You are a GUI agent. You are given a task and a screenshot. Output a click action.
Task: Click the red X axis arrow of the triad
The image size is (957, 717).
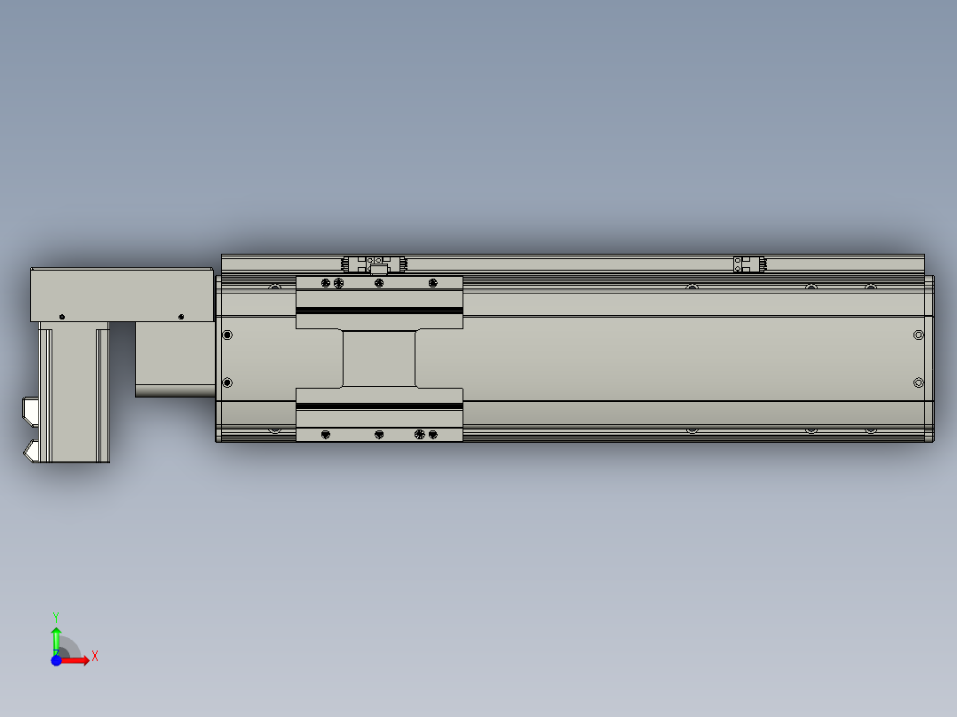[x=82, y=660]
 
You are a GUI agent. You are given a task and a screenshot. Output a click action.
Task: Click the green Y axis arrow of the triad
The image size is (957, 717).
[x=56, y=637]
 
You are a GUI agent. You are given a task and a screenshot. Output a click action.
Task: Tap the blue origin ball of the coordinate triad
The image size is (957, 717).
[x=57, y=660]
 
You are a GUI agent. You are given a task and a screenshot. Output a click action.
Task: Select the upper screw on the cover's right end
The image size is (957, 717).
[x=918, y=335]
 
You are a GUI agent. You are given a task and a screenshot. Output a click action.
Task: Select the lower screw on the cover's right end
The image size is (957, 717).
[x=918, y=382]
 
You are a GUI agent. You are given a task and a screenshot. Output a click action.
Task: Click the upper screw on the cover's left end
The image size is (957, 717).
[x=227, y=335]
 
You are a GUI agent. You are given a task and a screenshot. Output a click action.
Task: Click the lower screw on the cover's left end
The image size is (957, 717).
[x=227, y=382]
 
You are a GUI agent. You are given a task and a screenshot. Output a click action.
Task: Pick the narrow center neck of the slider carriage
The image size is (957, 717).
[x=379, y=358]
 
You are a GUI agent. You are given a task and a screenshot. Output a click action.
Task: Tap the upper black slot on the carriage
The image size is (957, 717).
[x=379, y=310]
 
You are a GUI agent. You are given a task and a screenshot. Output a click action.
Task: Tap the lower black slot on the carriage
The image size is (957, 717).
[x=379, y=406]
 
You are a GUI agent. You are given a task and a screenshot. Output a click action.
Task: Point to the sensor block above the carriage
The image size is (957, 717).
[x=376, y=264]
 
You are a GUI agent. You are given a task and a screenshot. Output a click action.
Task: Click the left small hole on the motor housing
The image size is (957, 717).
[x=62, y=316]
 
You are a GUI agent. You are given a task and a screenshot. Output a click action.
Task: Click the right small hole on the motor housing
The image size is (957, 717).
[x=181, y=316]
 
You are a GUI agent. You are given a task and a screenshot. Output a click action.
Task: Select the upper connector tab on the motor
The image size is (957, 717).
[x=29, y=410]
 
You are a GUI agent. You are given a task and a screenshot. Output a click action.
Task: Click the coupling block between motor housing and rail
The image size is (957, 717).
[x=175, y=358]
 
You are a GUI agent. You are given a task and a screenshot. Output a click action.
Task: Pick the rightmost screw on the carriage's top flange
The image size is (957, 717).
[x=432, y=283]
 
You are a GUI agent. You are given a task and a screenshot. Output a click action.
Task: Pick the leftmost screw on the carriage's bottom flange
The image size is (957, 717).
[x=326, y=434]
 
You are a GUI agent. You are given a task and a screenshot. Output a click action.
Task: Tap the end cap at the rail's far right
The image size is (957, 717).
[x=929, y=358]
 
